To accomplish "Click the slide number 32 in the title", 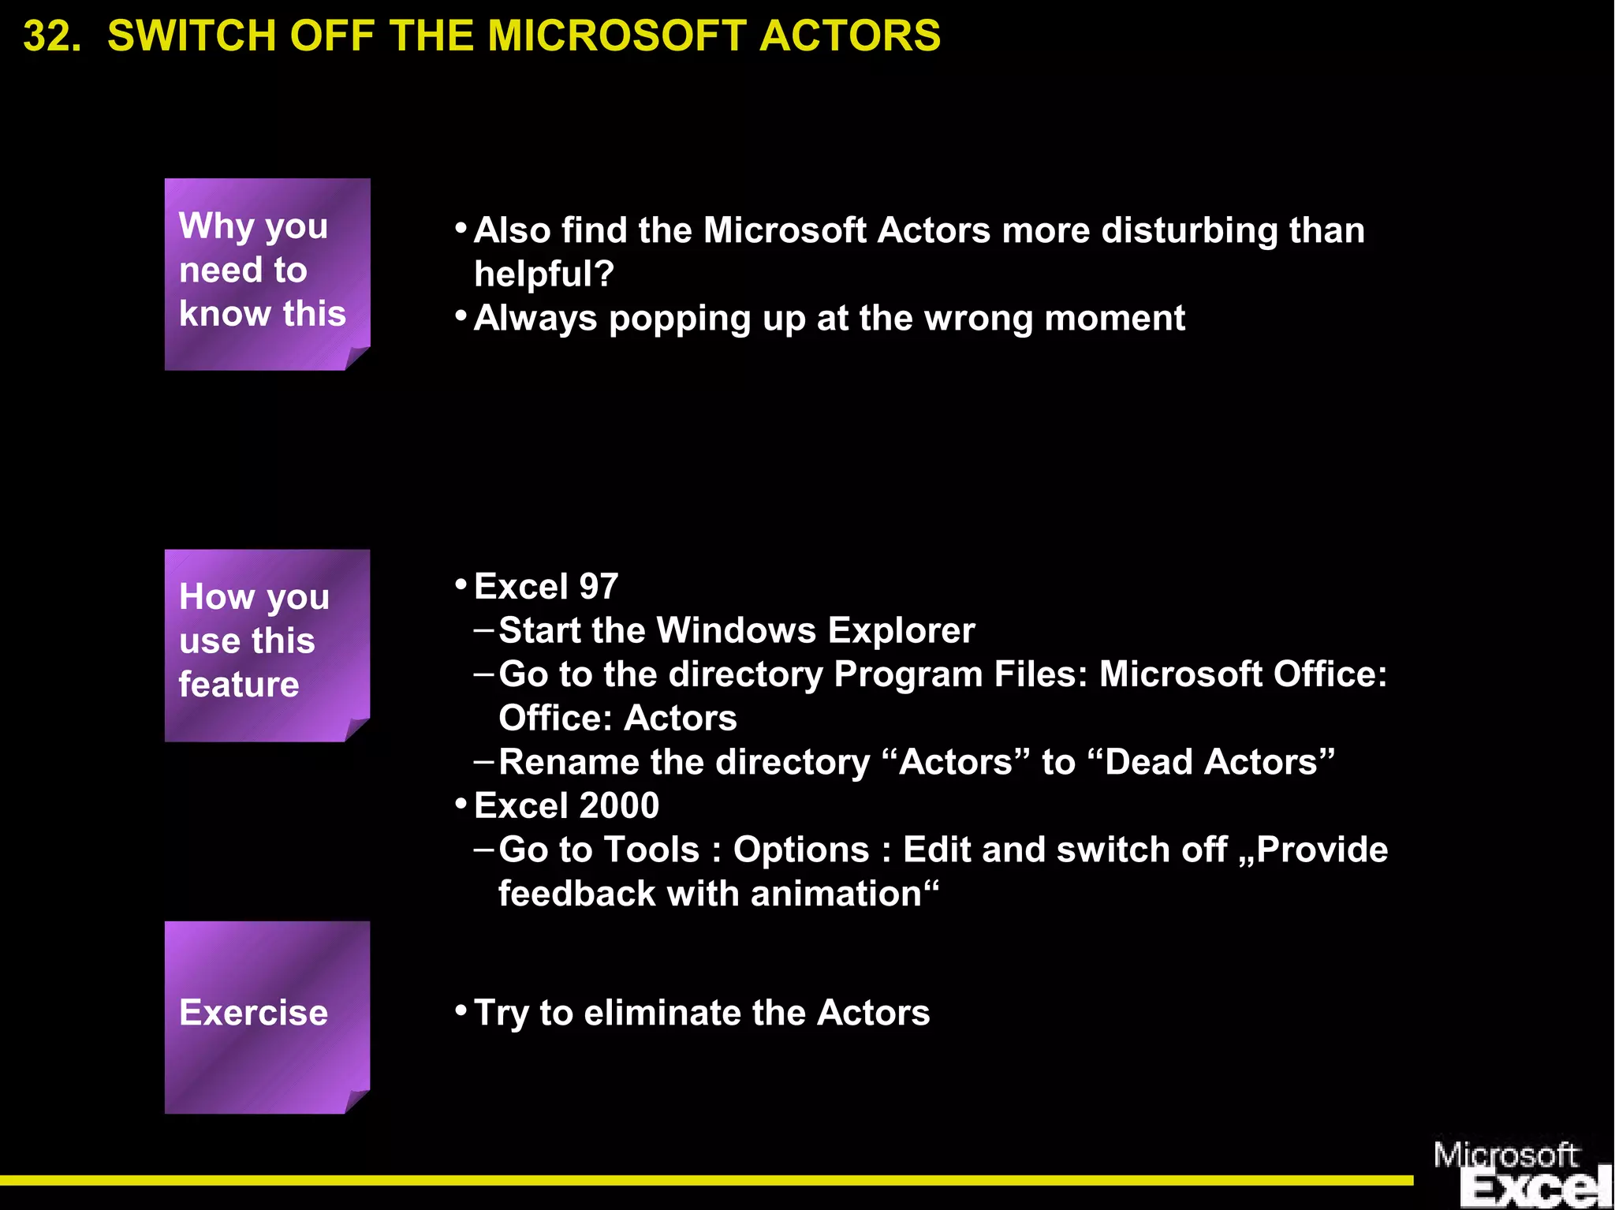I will pos(52,36).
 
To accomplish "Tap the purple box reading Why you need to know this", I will pos(267,273).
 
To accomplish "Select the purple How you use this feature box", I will pos(267,644).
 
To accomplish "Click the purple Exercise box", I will pos(267,1016).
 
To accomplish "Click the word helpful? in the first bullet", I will pos(544,274).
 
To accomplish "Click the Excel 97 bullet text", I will pos(546,587).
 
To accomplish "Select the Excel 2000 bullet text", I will pos(566,806).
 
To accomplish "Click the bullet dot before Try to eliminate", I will pos(461,1009).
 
